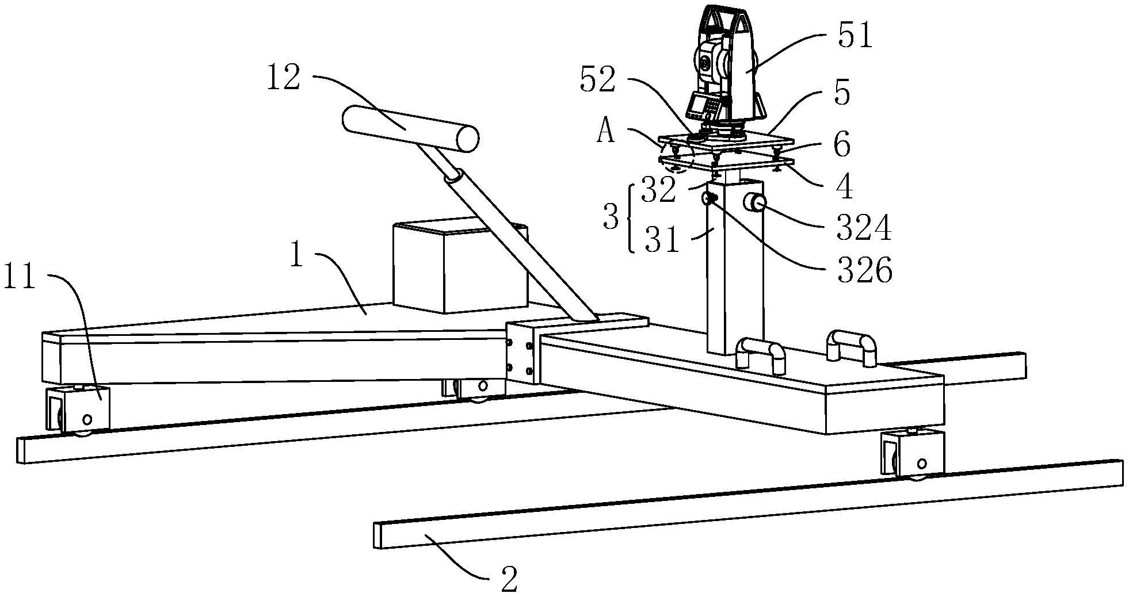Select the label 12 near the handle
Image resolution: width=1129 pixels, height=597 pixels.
283,78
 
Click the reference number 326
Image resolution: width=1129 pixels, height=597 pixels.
864,270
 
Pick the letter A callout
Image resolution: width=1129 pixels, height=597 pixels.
605,133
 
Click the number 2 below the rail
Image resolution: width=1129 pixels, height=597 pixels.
509,580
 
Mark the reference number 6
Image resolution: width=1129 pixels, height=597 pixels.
842,145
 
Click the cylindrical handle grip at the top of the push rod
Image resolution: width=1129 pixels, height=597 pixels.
410,129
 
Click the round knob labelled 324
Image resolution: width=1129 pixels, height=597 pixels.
755,203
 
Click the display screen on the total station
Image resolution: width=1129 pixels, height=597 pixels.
697,105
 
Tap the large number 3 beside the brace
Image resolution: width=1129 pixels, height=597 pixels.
611,218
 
